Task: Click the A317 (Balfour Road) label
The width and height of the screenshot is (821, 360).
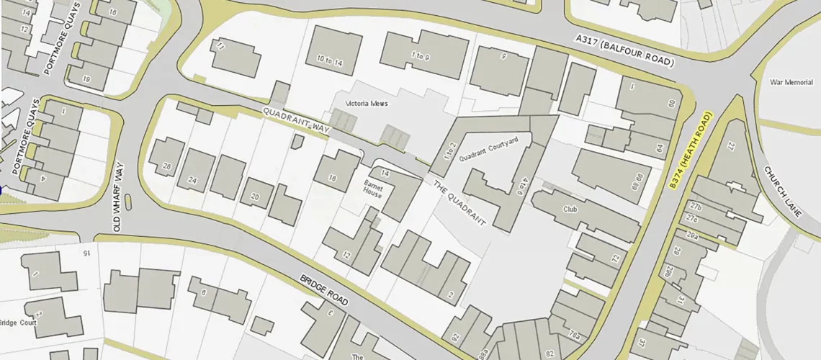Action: click(624, 50)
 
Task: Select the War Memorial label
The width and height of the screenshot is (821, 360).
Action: click(791, 83)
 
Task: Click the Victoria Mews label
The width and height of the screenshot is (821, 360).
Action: click(367, 104)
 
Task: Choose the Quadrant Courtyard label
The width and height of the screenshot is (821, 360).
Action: click(488, 150)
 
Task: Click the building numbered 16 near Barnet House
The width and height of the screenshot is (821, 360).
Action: click(333, 179)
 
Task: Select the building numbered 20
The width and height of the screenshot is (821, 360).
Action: click(254, 197)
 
